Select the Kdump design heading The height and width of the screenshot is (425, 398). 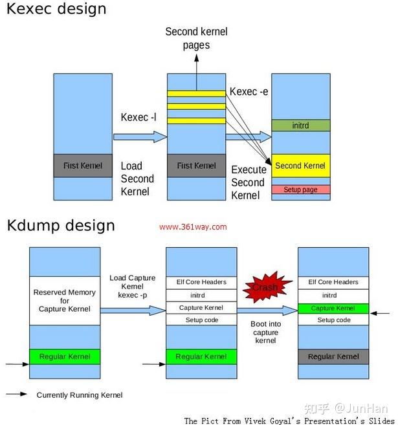[61, 225]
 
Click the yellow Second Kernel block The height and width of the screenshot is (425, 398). [300, 166]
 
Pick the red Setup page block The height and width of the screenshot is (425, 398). [300, 190]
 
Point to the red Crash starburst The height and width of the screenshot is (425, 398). [265, 286]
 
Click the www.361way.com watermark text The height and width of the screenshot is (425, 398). [193, 227]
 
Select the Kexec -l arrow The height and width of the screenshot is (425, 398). [138, 136]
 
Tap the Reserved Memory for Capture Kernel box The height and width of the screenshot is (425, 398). [65, 301]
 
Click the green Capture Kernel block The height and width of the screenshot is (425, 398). [332, 308]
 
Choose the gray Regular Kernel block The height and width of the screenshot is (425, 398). [333, 356]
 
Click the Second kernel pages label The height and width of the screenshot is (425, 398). [196, 38]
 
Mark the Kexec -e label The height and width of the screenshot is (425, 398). [249, 92]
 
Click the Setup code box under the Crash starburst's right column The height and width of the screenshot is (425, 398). [332, 320]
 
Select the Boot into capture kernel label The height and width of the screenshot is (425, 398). [266, 332]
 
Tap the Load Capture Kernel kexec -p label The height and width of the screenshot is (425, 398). [132, 286]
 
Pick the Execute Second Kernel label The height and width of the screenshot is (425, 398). [249, 182]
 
